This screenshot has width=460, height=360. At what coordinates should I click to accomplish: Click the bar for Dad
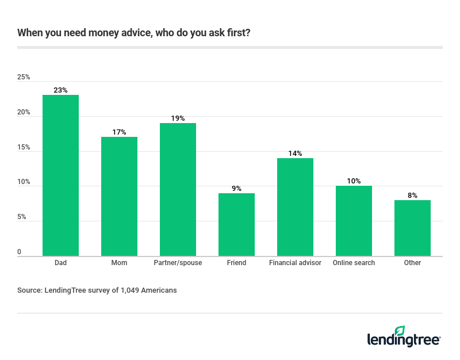pos(60,175)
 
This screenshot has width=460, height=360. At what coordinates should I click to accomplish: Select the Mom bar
pos(119,196)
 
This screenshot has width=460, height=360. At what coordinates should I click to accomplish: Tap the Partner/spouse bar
pos(178,189)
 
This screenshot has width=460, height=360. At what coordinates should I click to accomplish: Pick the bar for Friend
pos(236,224)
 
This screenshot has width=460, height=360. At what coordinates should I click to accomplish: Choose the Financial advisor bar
pos(295,207)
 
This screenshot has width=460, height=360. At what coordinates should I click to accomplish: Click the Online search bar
pos(354,221)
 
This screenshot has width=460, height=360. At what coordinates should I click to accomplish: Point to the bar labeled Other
pos(412,228)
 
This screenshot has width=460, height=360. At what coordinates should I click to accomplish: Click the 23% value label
pos(60,90)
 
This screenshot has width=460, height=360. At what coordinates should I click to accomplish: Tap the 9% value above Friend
pos(236,188)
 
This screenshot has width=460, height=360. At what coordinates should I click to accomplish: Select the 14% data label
pos(295,153)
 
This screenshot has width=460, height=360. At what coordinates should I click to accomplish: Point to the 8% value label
pos(412,195)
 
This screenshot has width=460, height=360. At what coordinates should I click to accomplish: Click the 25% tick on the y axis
pos(24,77)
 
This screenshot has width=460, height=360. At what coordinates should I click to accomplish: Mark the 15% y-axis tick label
pos(24,147)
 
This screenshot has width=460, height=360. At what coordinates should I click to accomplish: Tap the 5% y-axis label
pos(22,217)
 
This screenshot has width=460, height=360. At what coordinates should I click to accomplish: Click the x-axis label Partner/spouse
pos(178,263)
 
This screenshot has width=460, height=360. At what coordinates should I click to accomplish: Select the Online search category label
pos(354,263)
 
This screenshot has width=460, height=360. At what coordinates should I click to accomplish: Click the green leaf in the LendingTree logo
pos(400,331)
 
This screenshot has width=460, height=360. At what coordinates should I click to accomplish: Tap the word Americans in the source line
pos(159,290)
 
